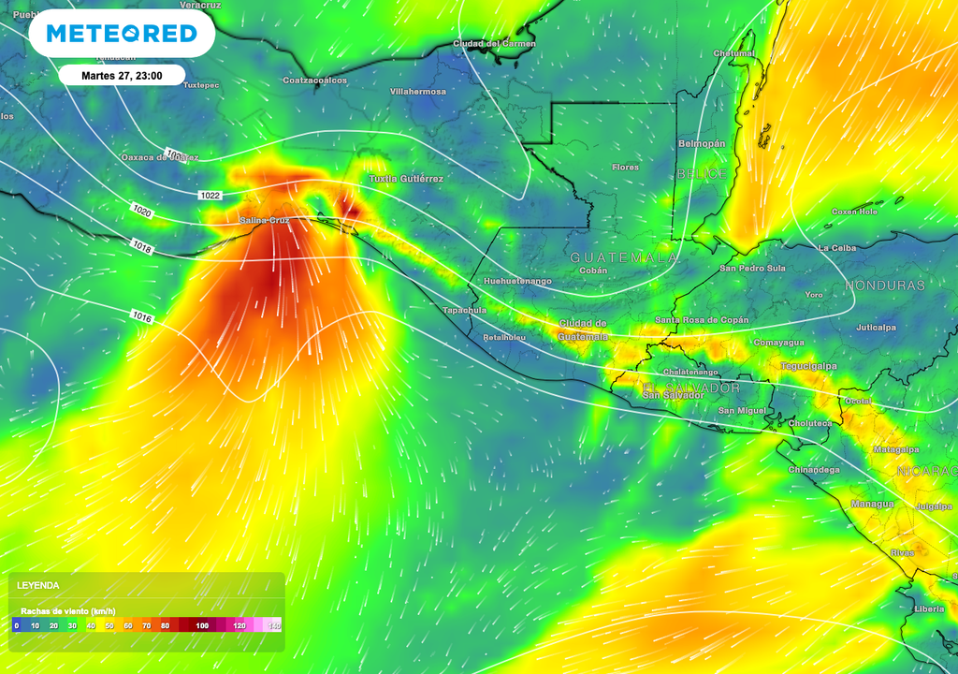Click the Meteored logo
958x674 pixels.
pyautogui.click(x=122, y=34)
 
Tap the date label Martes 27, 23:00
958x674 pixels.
pyautogui.click(x=122, y=75)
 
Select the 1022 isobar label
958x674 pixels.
pyautogui.click(x=210, y=195)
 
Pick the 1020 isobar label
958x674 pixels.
pyautogui.click(x=143, y=212)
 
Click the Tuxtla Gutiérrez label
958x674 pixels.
pyautogui.click(x=406, y=178)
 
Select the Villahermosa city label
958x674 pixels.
pyautogui.click(x=418, y=92)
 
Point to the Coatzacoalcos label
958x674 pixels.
pyautogui.click(x=315, y=81)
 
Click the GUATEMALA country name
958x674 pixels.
pyautogui.click(x=624, y=256)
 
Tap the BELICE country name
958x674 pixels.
pyautogui.click(x=702, y=175)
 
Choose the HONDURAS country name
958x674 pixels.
pyautogui.click(x=884, y=285)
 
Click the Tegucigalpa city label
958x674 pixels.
pyautogui.click(x=808, y=366)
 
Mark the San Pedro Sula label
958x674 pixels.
pyautogui.click(x=752, y=268)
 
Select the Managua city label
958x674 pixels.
pyautogui.click(x=871, y=504)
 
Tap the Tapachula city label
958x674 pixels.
pyautogui.click(x=465, y=310)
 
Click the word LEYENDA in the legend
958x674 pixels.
pyautogui.click(x=38, y=585)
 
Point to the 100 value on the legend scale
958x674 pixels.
pyautogui.click(x=202, y=625)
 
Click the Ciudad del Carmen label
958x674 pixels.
pyautogui.click(x=494, y=43)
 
